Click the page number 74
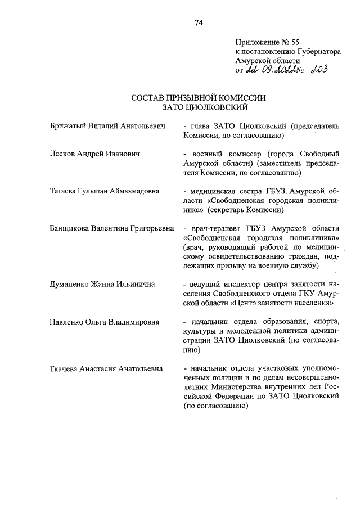(x=199, y=22)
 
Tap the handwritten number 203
(x=325, y=70)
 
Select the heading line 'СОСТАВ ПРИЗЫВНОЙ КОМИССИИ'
(x=198, y=97)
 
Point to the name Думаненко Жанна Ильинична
(x=102, y=284)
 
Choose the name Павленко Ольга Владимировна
(x=104, y=322)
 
